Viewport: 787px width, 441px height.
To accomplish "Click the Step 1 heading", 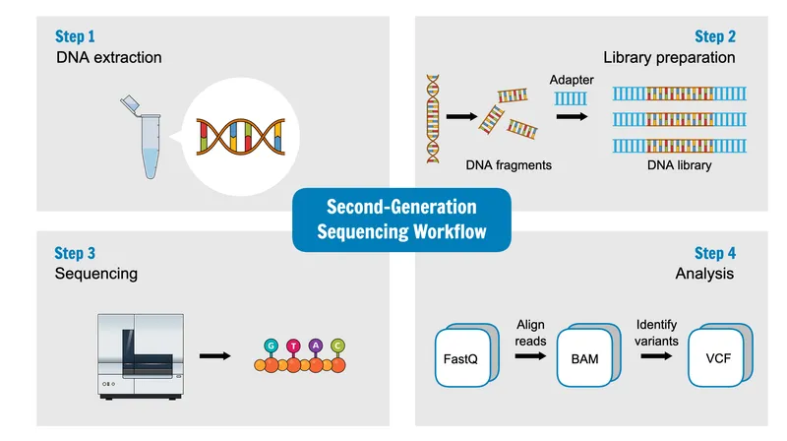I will point(77,37).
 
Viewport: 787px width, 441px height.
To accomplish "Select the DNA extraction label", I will point(108,58).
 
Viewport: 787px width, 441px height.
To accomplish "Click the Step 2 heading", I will point(714,37).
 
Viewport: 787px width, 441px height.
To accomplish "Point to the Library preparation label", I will point(669,58).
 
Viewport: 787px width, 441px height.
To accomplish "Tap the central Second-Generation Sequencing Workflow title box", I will point(401,220).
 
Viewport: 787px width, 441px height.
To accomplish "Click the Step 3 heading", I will point(77,254).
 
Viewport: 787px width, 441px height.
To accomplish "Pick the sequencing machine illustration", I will point(141,355).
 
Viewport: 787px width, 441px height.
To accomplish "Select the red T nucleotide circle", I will point(294,346).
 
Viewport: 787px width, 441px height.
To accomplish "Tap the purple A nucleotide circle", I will point(316,346).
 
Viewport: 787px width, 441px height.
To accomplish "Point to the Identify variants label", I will point(657,332).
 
